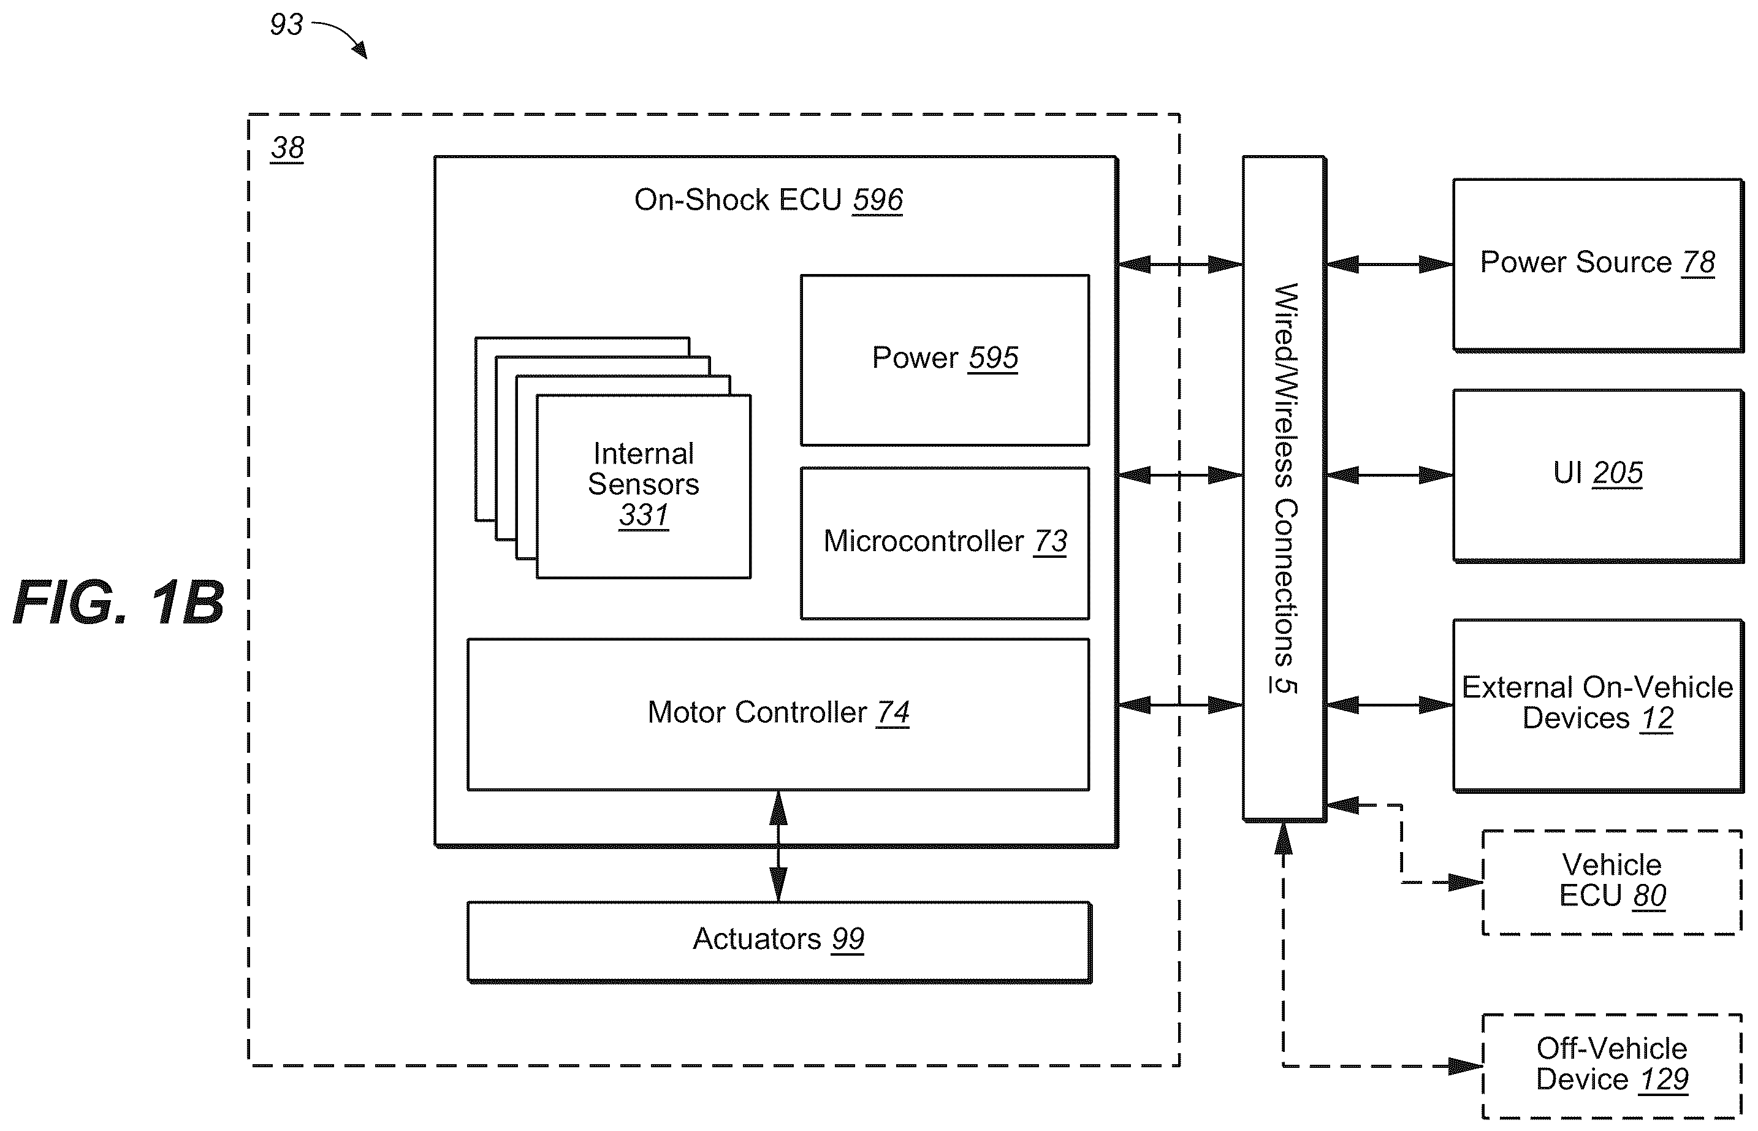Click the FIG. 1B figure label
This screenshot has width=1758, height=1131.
[x=119, y=602]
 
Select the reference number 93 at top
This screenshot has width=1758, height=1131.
[x=286, y=25]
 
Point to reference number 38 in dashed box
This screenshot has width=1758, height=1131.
[x=287, y=148]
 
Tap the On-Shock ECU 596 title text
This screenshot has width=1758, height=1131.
[x=768, y=200]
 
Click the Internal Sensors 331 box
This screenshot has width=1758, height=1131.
[x=643, y=486]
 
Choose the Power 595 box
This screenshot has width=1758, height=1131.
[x=945, y=360]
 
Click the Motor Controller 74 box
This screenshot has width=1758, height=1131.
[x=778, y=714]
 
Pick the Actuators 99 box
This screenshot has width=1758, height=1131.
[x=779, y=942]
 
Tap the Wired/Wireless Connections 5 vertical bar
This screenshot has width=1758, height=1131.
[x=1284, y=489]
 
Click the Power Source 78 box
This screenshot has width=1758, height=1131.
[x=1599, y=264]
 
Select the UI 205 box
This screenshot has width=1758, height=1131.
[x=1599, y=476]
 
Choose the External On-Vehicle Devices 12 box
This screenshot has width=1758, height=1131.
[x=1599, y=706]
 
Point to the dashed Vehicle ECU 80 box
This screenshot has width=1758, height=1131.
[x=1613, y=882]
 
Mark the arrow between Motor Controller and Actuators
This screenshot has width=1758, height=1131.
[x=778, y=846]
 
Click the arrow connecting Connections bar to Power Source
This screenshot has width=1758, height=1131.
[x=1390, y=264]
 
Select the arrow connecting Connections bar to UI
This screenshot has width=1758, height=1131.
[x=1390, y=475]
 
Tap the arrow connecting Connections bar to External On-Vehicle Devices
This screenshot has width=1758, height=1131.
[x=1390, y=705]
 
